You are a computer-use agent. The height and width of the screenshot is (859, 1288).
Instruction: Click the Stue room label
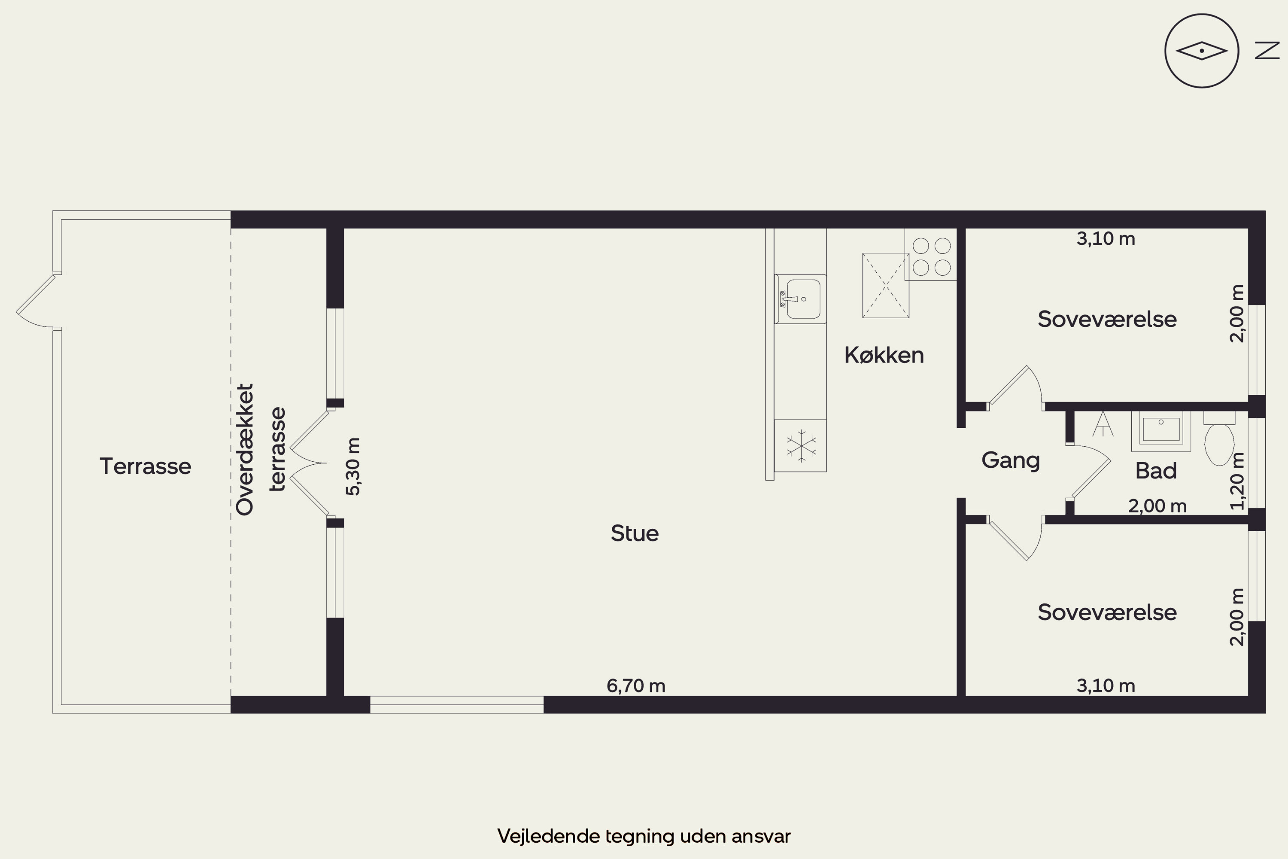(635, 533)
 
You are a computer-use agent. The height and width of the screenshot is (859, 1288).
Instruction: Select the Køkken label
(884, 355)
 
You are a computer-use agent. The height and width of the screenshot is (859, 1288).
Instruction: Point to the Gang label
(1010, 460)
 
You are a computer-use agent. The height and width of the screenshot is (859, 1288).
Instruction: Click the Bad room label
(1155, 471)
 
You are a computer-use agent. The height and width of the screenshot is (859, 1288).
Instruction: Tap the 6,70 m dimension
(636, 685)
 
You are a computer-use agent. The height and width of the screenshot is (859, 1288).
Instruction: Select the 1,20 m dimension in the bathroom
(1237, 481)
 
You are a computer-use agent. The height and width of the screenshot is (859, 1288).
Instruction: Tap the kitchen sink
(800, 299)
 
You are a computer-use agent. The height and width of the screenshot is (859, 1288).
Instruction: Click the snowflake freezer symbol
(801, 445)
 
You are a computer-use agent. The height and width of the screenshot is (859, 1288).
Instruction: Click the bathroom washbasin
(1161, 431)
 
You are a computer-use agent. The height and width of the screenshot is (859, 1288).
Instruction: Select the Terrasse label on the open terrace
(145, 466)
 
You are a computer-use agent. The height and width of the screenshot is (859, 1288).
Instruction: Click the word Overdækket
(245, 449)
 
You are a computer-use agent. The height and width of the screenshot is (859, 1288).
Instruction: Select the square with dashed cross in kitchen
(885, 286)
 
